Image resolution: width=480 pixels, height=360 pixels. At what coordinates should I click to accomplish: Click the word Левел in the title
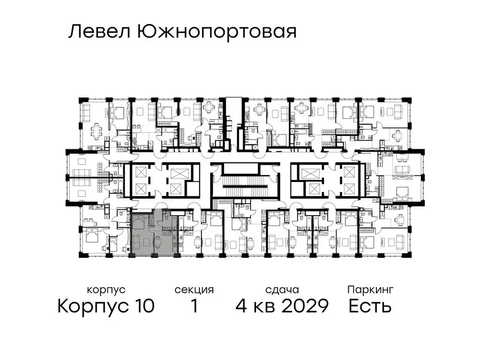click(x=99, y=32)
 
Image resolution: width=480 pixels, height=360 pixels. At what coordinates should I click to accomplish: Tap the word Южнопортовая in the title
click(x=217, y=32)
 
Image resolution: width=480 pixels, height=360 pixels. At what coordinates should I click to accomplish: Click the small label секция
click(x=194, y=290)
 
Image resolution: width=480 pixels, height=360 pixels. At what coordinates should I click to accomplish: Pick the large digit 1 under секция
click(x=194, y=307)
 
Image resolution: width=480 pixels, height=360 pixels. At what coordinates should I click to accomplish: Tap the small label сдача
click(x=281, y=290)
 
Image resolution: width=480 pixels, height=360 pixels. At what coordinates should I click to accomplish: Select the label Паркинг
click(x=370, y=290)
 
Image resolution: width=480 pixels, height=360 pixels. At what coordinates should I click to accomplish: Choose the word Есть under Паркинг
click(x=370, y=307)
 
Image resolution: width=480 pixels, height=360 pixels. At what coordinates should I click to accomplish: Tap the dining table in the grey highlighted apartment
click(x=157, y=241)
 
